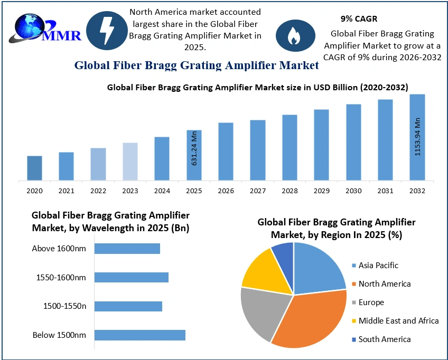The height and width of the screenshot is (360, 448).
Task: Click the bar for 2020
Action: click(x=34, y=168)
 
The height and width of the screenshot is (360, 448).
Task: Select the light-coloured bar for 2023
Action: click(x=130, y=161)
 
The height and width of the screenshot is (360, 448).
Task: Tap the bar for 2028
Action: click(x=290, y=147)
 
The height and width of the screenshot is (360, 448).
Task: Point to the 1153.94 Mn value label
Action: click(x=417, y=136)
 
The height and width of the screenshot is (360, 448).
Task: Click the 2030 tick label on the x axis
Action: click(x=353, y=191)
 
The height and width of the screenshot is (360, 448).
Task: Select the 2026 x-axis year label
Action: click(x=226, y=191)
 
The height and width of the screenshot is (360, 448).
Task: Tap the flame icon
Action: click(x=292, y=35)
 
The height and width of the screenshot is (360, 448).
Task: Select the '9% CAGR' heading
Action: click(x=359, y=19)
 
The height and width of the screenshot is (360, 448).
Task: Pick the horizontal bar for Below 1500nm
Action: click(x=139, y=335)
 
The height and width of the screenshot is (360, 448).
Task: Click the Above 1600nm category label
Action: click(x=59, y=249)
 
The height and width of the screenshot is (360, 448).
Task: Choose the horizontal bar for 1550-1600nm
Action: click(x=131, y=277)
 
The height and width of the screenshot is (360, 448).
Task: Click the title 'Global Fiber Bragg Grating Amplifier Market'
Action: click(x=197, y=65)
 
